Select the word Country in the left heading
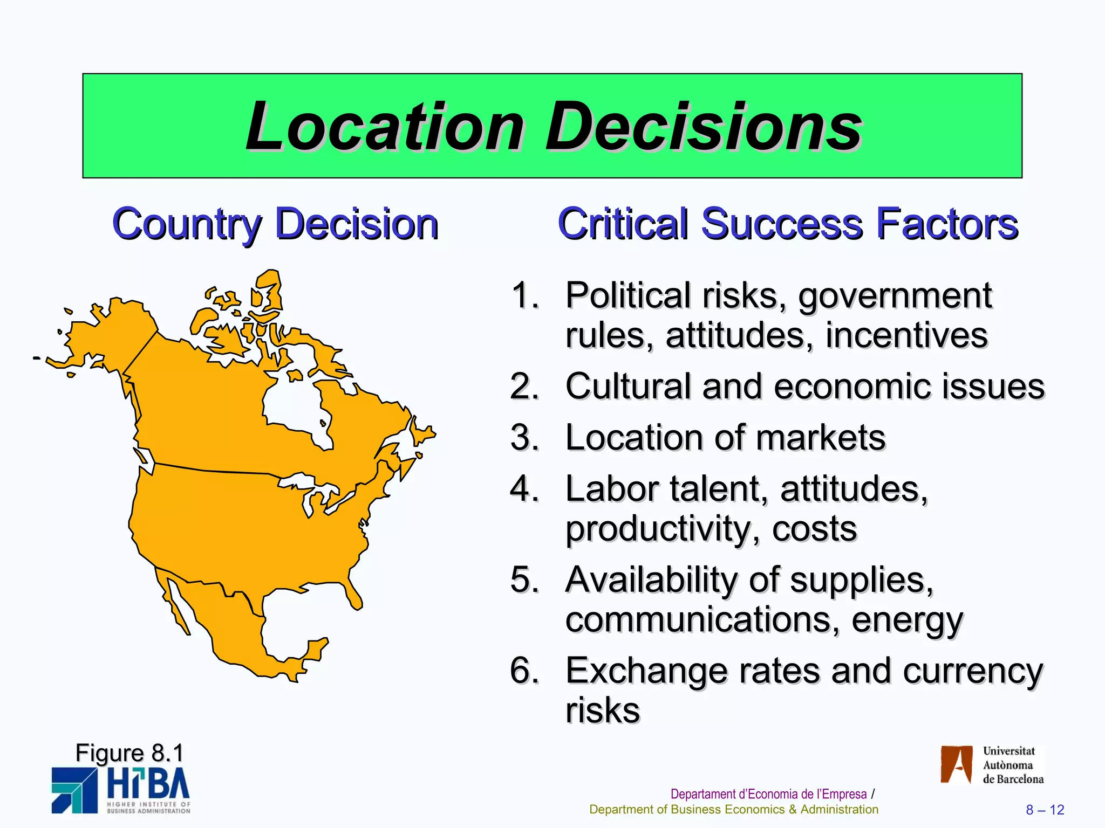(187, 224)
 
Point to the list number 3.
(524, 437)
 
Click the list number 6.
(524, 671)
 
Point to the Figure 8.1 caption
(129, 753)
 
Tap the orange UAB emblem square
(956, 764)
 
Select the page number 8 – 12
(1045, 810)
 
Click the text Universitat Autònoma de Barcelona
(1013, 765)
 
